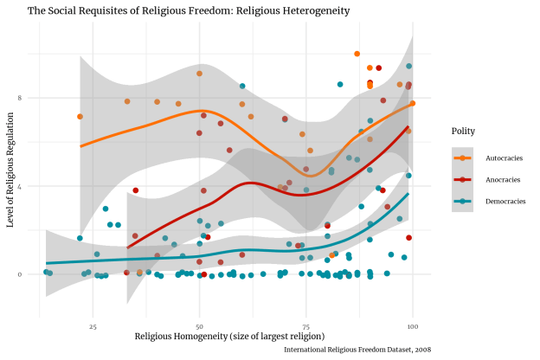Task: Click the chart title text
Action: coord(189,10)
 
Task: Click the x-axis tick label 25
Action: coord(93,326)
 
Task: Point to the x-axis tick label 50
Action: coord(199,326)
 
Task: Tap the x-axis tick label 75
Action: coord(306,326)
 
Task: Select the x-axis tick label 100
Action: coord(413,326)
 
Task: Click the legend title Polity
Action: coord(462,132)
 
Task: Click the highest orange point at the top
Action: coord(357,54)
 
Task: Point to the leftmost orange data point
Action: coord(80,116)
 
